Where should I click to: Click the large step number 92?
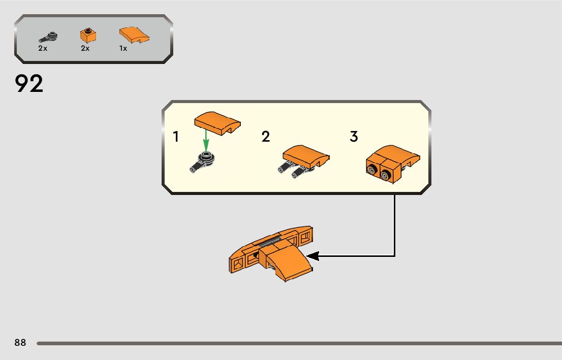point(29,84)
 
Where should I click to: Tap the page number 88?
point(20,343)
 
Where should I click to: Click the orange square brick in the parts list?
point(88,36)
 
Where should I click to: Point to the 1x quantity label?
point(123,49)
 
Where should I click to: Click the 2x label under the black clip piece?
point(43,49)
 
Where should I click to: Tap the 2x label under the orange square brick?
point(85,49)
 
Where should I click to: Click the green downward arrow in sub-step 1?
point(206,140)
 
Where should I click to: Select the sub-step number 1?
point(176,137)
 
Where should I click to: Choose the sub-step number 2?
point(266,137)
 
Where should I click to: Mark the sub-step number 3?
point(354,137)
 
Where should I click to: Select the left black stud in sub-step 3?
point(372,171)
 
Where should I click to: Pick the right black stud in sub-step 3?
point(386,176)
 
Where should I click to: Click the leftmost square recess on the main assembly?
point(236,265)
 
